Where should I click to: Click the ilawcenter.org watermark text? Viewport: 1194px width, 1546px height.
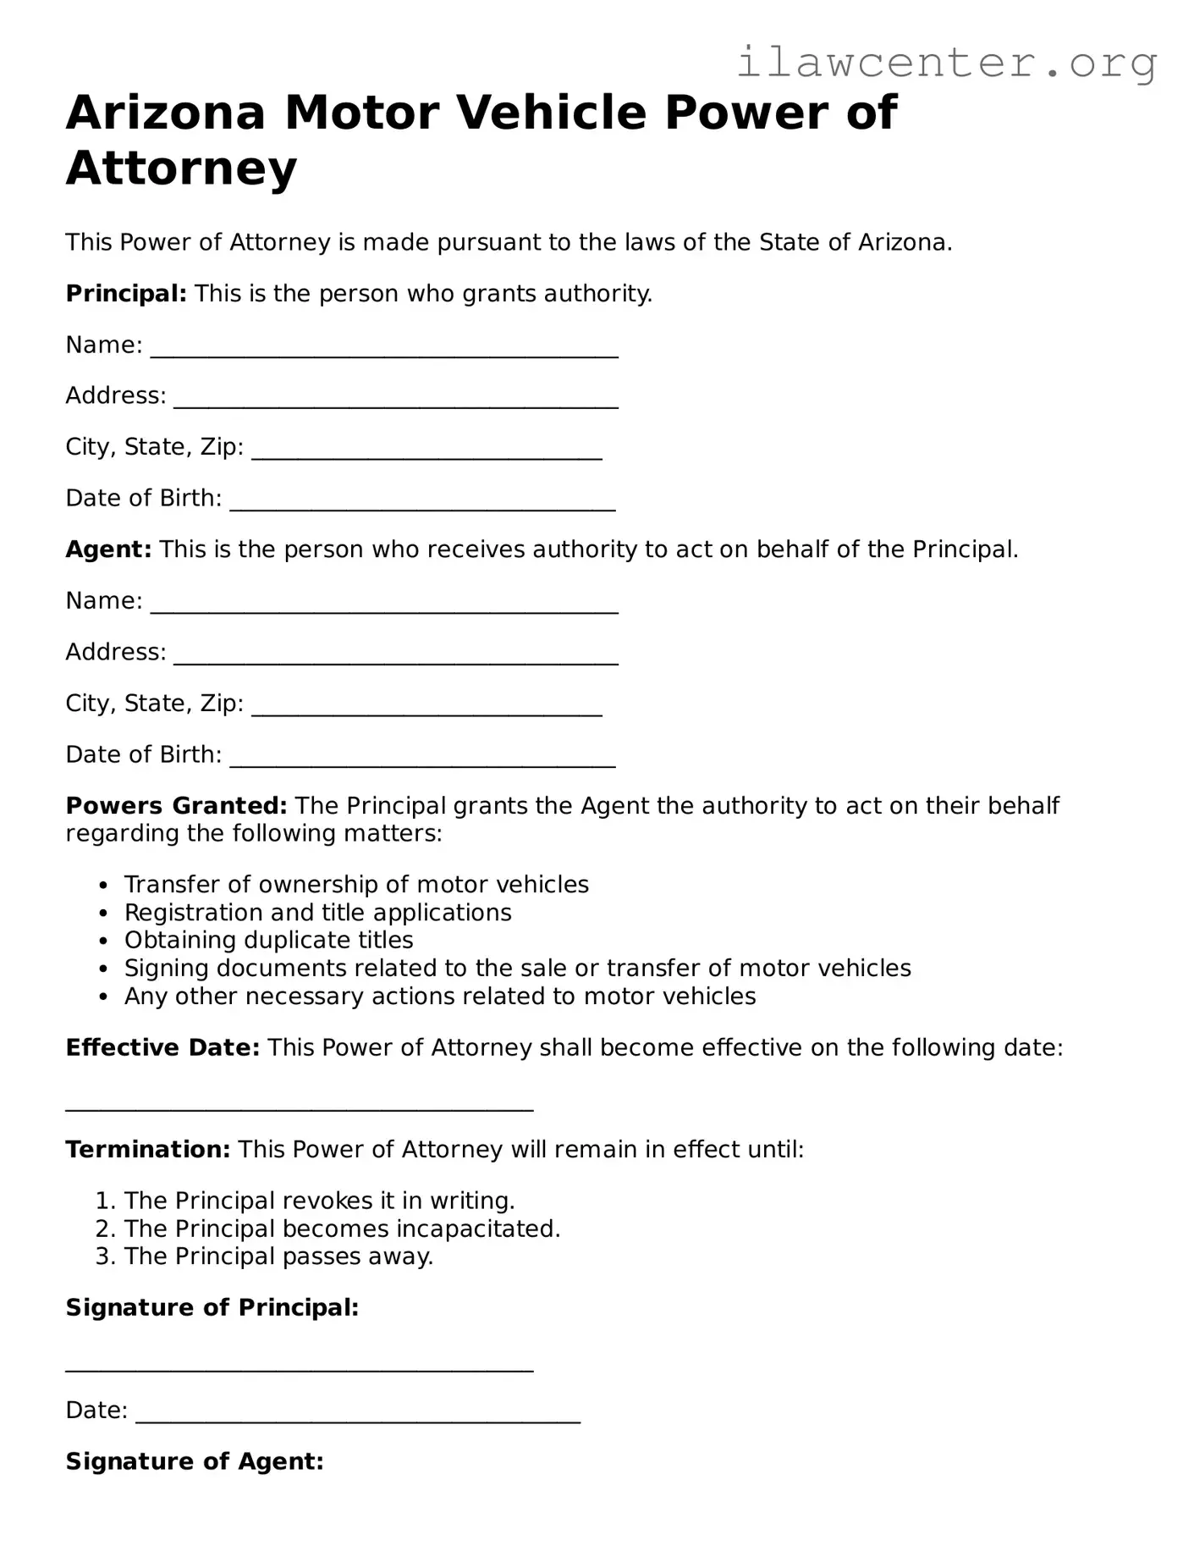tap(946, 63)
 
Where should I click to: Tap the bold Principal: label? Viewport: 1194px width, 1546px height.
tap(126, 294)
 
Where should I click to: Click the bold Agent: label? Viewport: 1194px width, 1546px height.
tap(108, 549)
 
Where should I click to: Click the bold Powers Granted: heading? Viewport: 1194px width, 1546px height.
tap(176, 805)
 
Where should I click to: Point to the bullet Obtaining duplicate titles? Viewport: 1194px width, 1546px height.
tap(268, 940)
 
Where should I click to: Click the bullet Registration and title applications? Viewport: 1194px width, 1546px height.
tap(317, 912)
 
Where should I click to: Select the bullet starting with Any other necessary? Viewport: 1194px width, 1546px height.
tap(439, 996)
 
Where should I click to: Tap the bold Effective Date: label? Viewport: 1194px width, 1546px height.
tap(162, 1047)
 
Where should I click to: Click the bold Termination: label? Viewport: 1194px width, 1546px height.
tap(148, 1149)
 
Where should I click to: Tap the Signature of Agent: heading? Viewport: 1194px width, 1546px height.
tap(195, 1461)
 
